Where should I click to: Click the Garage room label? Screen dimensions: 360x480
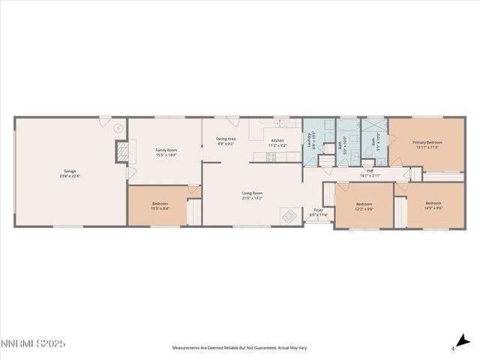(x=69, y=171)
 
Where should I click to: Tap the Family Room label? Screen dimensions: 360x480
(x=166, y=150)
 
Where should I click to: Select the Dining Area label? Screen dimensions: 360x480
(x=226, y=139)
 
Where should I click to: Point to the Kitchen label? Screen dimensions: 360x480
(x=277, y=141)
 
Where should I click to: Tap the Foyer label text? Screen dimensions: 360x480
(x=319, y=210)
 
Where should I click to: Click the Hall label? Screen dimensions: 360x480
(x=370, y=171)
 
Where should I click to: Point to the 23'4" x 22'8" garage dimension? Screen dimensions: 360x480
(x=69, y=176)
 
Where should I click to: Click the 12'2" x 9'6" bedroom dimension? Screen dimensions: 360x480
(x=364, y=209)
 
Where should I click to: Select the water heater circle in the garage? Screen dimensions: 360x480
(x=117, y=128)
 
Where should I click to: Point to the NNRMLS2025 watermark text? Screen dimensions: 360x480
(x=33, y=344)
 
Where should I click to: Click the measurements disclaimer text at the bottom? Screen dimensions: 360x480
(x=240, y=348)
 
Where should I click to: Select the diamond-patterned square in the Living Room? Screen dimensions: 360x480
(x=289, y=216)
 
